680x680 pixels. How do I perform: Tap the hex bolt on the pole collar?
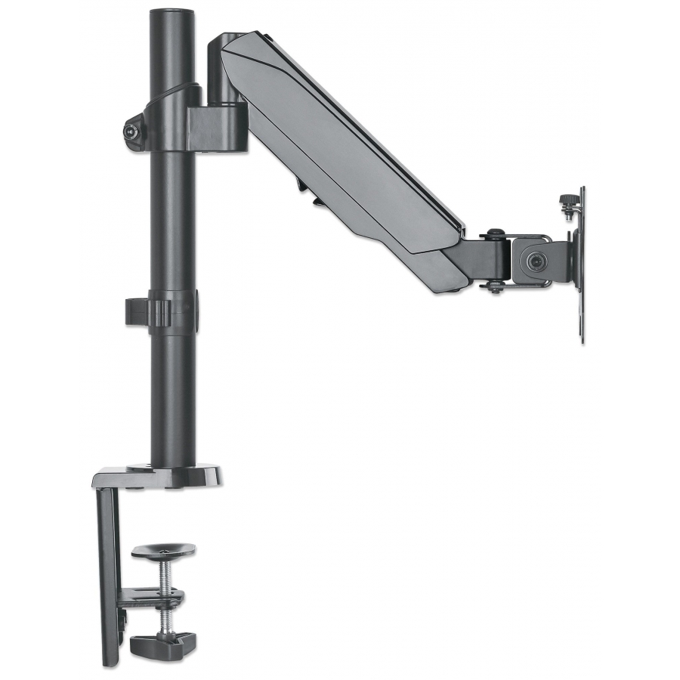(x=134, y=131)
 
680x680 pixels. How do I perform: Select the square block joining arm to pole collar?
(x=218, y=127)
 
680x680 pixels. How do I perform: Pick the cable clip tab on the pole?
(x=137, y=311)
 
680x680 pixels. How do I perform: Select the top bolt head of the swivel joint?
(x=494, y=234)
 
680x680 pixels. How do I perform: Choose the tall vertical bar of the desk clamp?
(x=109, y=574)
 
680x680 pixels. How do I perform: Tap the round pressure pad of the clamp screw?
(x=162, y=551)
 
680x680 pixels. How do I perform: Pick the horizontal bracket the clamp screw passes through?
(x=151, y=597)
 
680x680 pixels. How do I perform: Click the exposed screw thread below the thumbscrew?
(x=163, y=620)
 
